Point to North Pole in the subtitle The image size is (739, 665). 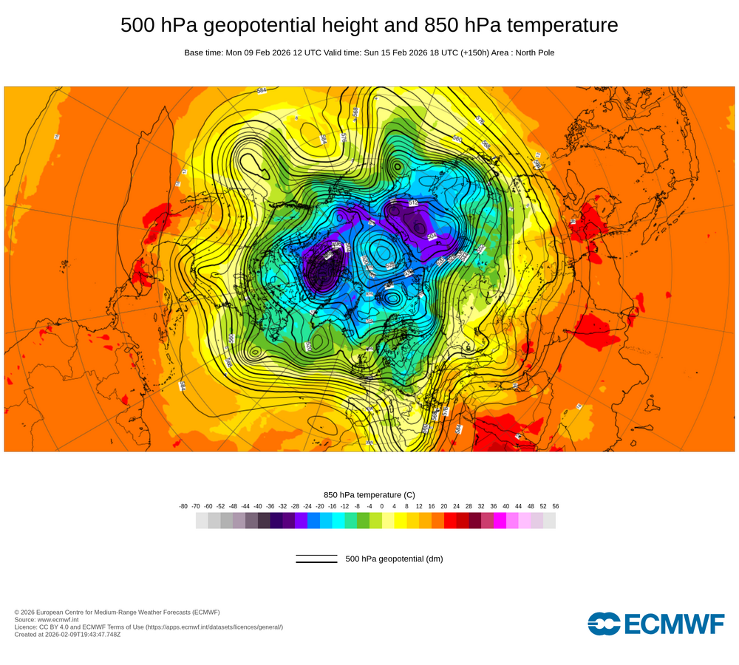tap(531, 53)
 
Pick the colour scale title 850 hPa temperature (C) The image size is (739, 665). tap(369, 495)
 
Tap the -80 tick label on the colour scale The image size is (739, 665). tap(183, 506)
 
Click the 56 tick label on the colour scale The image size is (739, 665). tap(555, 506)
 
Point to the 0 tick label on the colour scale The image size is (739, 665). tap(381, 506)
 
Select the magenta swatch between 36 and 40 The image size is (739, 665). tap(500, 521)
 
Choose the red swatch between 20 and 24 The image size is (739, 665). tap(450, 521)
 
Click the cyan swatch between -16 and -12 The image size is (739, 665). tap(338, 521)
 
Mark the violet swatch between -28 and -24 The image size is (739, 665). tap(302, 521)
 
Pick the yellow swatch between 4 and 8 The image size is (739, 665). tap(401, 521)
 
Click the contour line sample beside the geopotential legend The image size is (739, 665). tap(316, 559)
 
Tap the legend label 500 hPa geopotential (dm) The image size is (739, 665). tap(394, 559)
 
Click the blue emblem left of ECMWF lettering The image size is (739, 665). tap(604, 623)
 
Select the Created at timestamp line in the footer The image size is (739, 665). tap(67, 635)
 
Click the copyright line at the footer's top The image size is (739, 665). tap(117, 613)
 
